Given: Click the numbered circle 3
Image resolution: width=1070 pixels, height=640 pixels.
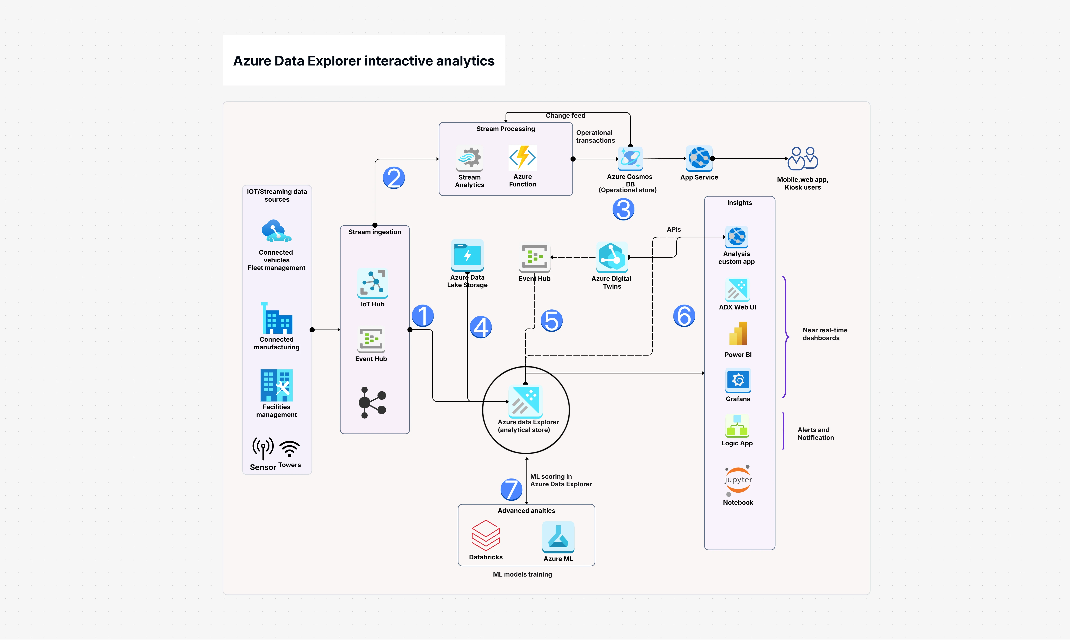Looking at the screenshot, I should click(623, 209).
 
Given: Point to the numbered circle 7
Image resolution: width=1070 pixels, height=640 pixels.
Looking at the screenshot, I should click(511, 489).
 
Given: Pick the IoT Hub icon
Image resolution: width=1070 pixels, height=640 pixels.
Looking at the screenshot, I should click(373, 283).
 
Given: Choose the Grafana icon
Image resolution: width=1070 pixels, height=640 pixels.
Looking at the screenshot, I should click(738, 380).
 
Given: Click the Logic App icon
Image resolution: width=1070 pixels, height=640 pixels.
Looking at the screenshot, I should click(737, 426).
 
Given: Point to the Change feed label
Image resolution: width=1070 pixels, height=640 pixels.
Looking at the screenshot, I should click(565, 116).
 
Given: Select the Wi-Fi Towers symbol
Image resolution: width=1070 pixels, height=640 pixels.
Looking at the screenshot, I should click(289, 448).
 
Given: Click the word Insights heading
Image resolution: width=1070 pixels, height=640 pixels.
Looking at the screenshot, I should click(739, 203).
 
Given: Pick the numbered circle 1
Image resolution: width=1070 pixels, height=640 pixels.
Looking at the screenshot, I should click(422, 316).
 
